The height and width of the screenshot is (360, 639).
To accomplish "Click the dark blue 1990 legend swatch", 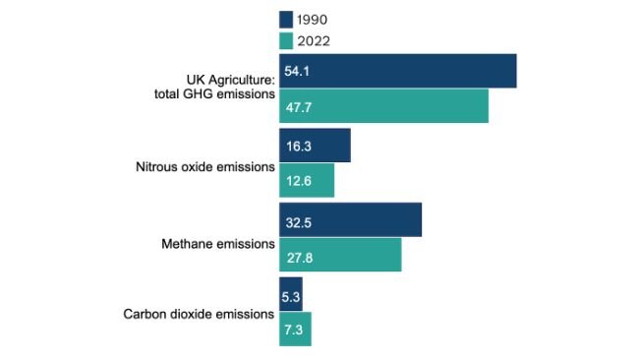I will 286,19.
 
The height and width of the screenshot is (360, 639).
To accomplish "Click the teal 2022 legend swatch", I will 286,40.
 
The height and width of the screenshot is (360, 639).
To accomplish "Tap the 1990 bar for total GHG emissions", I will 397,71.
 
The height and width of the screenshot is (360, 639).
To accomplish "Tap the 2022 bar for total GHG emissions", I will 383,106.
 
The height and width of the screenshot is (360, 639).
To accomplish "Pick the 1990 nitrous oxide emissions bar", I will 315,145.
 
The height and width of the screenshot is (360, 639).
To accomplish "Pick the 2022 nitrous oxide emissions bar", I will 307,180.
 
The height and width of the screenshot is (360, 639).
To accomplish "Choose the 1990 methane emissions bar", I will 350,219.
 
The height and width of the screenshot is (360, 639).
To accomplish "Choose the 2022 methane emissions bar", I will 340,255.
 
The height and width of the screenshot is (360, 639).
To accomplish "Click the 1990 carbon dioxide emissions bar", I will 291,294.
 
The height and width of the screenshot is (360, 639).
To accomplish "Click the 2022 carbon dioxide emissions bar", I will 295,330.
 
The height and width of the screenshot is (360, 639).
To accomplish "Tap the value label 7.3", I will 295,330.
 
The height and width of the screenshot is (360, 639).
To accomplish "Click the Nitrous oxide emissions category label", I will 204,166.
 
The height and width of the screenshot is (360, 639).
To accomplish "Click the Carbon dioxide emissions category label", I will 198,315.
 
